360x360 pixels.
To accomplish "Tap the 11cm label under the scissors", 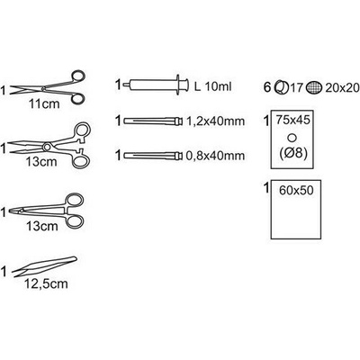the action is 44,103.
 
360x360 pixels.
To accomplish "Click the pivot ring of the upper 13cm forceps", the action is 47,147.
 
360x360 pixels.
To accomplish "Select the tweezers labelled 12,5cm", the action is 44,265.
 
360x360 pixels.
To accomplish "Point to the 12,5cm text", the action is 46,283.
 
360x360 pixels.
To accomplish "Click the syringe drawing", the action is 156,85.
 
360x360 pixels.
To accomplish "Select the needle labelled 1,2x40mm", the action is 153,121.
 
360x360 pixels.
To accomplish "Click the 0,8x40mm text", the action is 215,156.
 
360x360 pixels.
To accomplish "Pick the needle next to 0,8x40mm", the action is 153,156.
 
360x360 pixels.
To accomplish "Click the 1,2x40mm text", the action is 215,121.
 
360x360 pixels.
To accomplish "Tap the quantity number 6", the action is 267,88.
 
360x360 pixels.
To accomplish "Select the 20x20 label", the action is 342,88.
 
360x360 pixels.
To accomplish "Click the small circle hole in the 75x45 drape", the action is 292,138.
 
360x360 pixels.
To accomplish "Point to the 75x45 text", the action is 292,120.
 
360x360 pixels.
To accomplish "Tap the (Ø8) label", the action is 292,154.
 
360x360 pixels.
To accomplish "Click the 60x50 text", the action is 296,190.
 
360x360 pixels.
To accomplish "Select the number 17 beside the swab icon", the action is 296,88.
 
